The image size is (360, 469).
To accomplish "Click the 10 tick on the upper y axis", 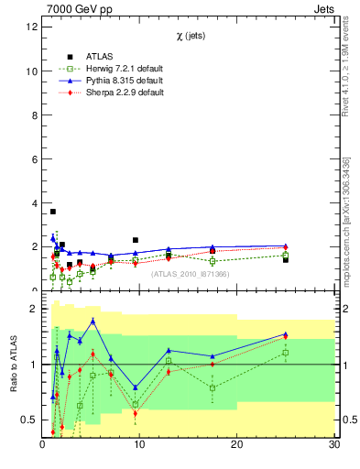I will pyautogui.click(x=32, y=71).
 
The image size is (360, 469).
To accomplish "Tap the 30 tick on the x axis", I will pyautogui.click(x=333, y=444).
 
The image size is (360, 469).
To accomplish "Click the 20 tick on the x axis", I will pyautogui.click(x=236, y=444).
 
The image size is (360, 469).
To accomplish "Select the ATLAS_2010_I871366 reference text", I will pyautogui.click(x=189, y=274).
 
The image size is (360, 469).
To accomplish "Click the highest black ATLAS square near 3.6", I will pyautogui.click(x=53, y=212).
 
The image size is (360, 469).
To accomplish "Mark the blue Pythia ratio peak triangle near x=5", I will pyautogui.click(x=93, y=321).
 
